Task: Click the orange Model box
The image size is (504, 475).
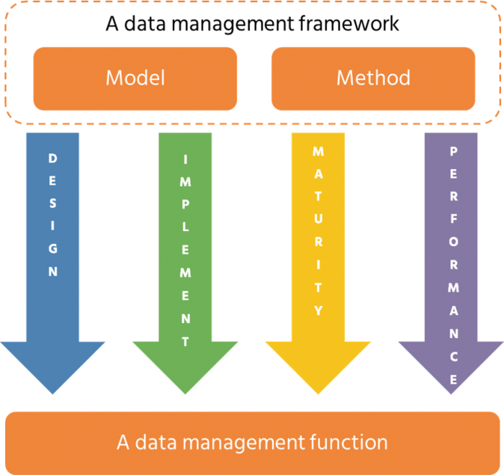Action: [135, 78]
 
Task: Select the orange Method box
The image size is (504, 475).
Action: [373, 78]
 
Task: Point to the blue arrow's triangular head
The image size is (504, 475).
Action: [53, 363]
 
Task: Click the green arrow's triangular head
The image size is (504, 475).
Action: [185, 363]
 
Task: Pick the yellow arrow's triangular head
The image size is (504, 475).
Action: [318, 363]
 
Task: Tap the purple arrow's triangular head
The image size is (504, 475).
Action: [451, 363]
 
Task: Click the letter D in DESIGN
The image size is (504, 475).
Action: [53, 158]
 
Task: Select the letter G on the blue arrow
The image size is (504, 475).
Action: [53, 249]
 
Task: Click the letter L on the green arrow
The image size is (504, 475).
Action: [185, 227]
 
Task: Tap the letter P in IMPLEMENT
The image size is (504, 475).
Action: [185, 204]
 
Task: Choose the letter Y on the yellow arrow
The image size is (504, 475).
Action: [318, 310]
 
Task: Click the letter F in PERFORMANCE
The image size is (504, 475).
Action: [453, 220]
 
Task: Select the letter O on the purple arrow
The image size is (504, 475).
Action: [453, 243]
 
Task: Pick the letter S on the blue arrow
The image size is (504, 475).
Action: [53, 204]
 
